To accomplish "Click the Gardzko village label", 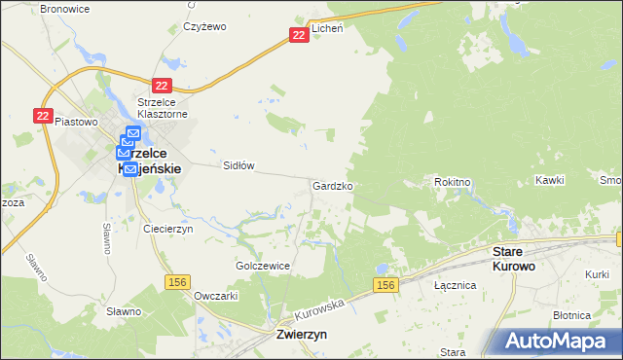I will [333, 185].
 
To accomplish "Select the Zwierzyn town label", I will [295, 333].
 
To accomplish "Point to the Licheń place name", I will [327, 30].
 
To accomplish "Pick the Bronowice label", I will [65, 8].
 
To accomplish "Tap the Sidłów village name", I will [238, 165].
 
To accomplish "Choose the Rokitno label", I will [452, 181].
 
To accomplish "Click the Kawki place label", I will [550, 181].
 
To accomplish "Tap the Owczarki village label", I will [216, 294].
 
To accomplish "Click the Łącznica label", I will [455, 286].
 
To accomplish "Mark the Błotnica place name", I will [571, 315].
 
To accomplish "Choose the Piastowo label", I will [77, 122].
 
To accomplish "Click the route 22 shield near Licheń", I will [299, 35].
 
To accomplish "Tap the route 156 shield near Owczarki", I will [177, 282].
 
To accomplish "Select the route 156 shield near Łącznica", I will [385, 284].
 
